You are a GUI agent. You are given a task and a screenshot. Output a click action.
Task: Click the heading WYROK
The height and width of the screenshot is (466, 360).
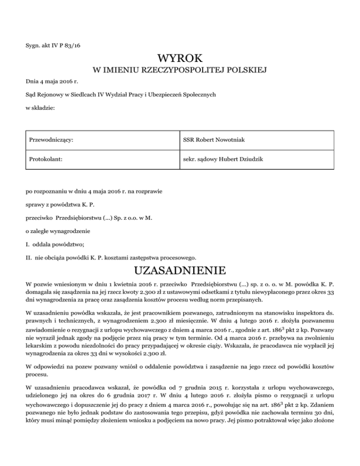click(x=180, y=59)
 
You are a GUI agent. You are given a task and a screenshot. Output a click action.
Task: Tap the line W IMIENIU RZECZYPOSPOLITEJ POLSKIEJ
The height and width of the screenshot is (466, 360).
click(x=180, y=71)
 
